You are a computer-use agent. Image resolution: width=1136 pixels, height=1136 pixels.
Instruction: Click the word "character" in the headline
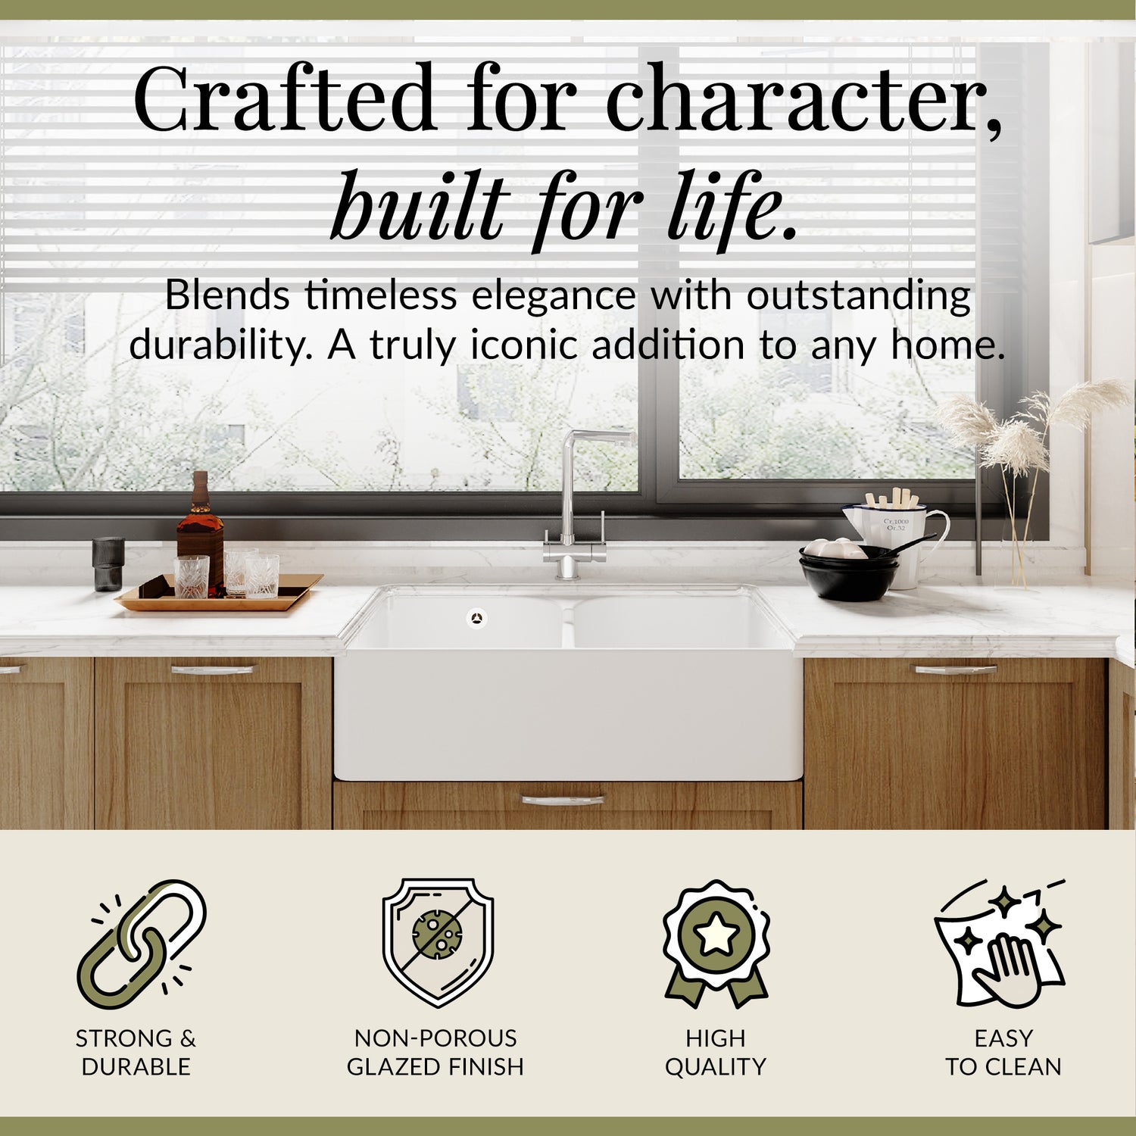[803, 101]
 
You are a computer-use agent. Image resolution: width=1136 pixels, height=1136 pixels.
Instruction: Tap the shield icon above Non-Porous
[438, 943]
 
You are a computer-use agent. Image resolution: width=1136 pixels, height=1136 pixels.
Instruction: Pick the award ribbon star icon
[716, 944]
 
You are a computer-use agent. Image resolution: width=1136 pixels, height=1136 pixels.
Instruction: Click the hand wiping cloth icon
[1000, 944]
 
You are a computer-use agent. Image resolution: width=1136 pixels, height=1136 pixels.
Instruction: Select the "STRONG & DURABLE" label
[136, 1052]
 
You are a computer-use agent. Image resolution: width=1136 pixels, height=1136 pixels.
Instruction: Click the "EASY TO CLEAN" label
[1003, 1052]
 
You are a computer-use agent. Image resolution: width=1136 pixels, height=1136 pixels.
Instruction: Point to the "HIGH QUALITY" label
[716, 1052]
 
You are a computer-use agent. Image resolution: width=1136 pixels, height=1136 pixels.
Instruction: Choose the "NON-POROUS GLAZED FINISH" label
[435, 1052]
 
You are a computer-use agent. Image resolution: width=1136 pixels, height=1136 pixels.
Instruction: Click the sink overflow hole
[476, 618]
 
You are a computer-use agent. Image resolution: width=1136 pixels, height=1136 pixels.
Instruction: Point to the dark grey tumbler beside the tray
[108, 564]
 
